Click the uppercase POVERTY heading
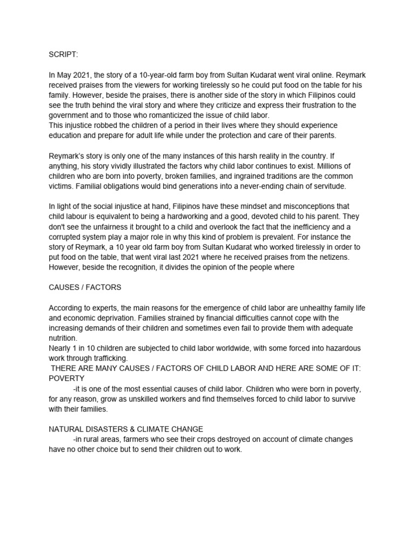(66, 379)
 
